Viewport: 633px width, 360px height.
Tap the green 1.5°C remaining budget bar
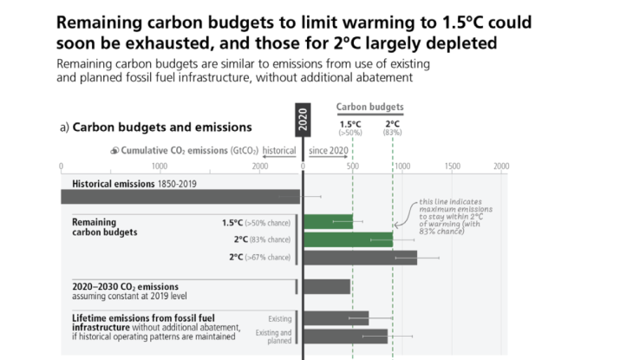[x=328, y=222]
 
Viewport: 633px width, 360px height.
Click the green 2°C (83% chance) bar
[x=348, y=239]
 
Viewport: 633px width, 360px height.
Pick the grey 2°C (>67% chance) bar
[x=360, y=257]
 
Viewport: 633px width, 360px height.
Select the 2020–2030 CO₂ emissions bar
[x=327, y=286]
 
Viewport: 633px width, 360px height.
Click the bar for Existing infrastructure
[x=336, y=318]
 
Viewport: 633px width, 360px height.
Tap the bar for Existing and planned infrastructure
[x=345, y=336]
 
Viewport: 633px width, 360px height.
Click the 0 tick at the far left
[x=61, y=166]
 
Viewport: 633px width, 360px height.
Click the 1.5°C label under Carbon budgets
[x=351, y=123]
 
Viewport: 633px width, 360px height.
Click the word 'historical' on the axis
[x=278, y=150]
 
